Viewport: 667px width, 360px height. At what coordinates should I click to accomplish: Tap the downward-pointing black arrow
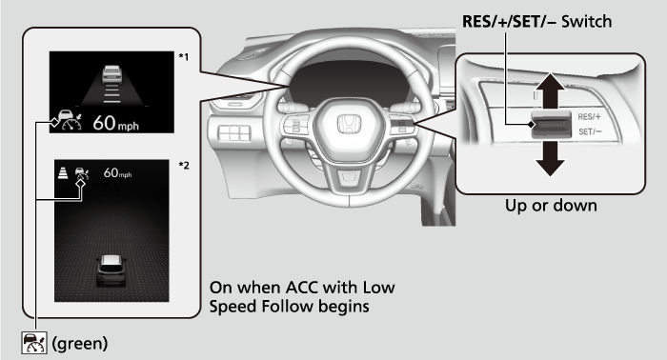(x=550, y=159)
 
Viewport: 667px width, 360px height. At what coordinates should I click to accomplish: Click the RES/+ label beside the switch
(x=589, y=117)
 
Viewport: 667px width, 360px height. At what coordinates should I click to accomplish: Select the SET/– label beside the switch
(x=590, y=131)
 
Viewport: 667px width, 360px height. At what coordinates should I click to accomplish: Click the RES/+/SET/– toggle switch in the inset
(x=551, y=124)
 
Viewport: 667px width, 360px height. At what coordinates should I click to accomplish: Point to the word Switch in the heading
(x=587, y=21)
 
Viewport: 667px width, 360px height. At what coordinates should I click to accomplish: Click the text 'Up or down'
(x=551, y=206)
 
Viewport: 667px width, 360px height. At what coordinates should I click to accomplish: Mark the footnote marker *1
(x=184, y=56)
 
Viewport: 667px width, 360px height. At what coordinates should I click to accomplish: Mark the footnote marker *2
(x=184, y=166)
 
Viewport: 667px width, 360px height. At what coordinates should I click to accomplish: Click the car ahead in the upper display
(x=111, y=74)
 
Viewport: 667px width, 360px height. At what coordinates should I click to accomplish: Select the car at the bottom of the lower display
(x=111, y=270)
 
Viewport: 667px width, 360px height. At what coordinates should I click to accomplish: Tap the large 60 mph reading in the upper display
(x=115, y=123)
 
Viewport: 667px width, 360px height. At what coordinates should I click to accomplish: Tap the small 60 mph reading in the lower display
(x=117, y=173)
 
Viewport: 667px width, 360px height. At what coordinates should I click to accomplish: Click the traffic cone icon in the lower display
(x=63, y=173)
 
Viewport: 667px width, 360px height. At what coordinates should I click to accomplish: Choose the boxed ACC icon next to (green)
(x=34, y=343)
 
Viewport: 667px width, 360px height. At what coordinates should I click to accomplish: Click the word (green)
(x=79, y=343)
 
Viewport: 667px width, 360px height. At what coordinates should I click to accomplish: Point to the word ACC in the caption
(x=302, y=288)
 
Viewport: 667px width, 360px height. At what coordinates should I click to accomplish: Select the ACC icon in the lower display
(x=82, y=174)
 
